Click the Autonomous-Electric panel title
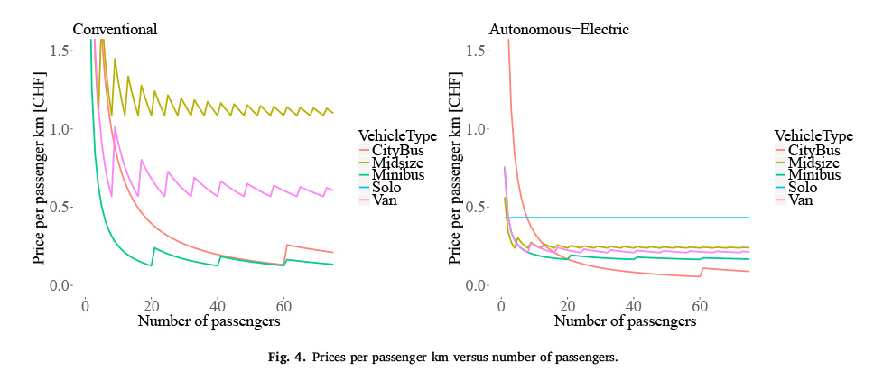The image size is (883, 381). tap(559, 29)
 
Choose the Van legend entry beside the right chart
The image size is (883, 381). tap(801, 200)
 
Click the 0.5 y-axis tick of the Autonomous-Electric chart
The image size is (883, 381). tap(479, 208)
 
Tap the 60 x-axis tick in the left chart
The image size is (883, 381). tap(283, 305)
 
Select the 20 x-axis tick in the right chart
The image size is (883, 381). tap(567, 305)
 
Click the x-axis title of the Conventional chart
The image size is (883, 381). tap(209, 321)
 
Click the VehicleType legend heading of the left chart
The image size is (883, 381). tap(397, 136)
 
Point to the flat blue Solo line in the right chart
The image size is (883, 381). tap(650, 218)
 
